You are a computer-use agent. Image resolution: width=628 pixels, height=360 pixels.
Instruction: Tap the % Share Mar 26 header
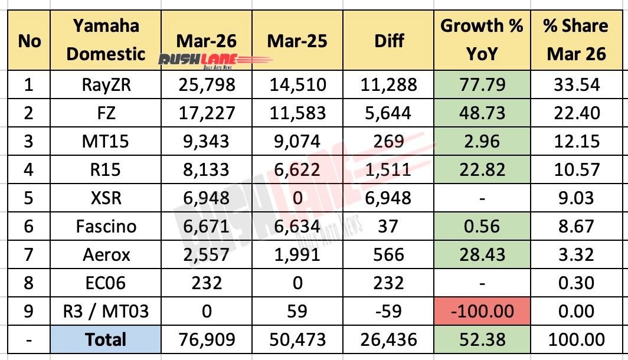pos(576,40)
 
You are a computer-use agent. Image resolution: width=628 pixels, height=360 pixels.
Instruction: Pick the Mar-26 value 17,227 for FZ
pos(207,113)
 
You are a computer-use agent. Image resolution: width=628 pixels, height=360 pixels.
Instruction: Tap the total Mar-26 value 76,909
pos(207,340)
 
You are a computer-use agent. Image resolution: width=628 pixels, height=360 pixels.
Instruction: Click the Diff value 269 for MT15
pos(389,141)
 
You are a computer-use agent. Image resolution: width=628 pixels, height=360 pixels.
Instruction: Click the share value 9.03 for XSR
pos(576,198)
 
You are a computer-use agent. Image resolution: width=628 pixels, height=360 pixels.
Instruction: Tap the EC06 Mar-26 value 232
pos(207,283)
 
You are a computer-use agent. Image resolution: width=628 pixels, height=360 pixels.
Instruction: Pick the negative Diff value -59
pos(389,311)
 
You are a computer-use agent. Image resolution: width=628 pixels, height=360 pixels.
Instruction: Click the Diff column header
pos(389,40)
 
